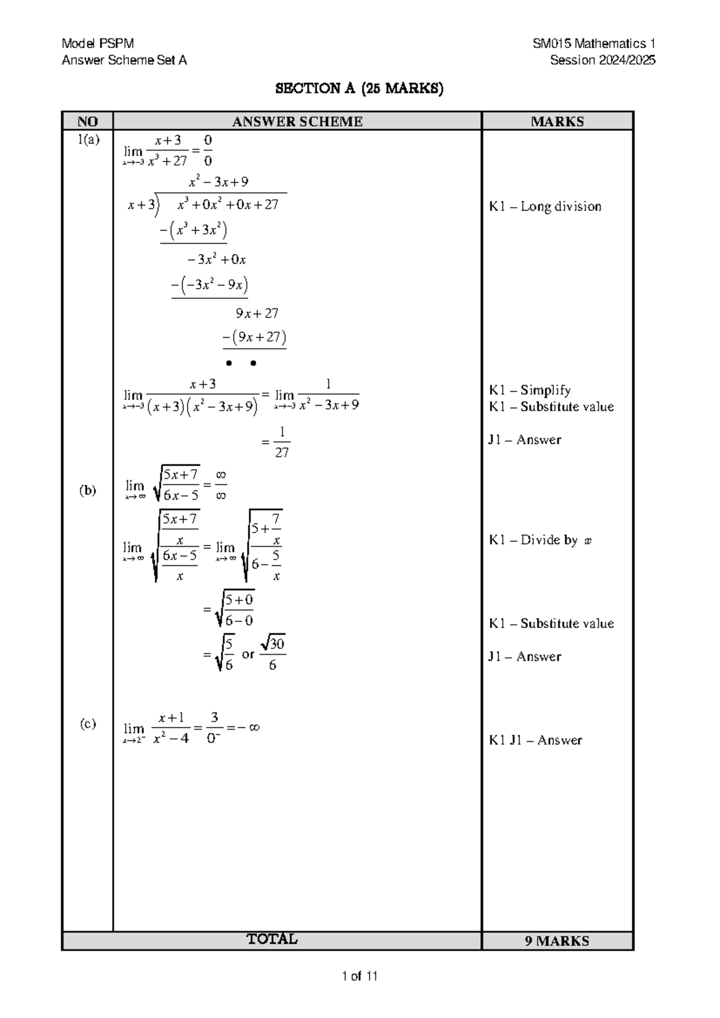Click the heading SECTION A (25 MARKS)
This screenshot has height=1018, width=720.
coord(359,89)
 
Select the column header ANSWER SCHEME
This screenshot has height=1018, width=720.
coord(297,121)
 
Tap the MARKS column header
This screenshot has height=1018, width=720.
coord(557,121)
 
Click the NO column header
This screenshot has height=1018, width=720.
coord(88,121)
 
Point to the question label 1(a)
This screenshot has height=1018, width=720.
coord(88,140)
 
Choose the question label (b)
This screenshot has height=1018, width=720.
coord(88,490)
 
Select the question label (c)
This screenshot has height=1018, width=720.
coord(88,724)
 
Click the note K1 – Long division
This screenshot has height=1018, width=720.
coord(545,206)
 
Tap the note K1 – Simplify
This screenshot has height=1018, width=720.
coord(529,390)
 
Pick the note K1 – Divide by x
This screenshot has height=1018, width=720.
coord(540,540)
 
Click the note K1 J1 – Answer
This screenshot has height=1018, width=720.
coord(535,740)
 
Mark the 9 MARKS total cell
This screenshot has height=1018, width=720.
coord(557,941)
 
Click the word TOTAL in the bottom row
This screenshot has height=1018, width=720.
coord(272,939)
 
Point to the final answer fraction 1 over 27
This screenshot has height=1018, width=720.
coord(282,443)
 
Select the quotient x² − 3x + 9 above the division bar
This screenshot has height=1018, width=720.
coord(218,182)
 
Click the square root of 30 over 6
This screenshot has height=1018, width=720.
coord(272,653)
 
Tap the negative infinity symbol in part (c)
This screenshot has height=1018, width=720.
coord(249,727)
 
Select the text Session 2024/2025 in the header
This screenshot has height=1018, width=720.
coord(602,60)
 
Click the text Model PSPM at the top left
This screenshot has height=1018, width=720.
coord(98,43)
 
